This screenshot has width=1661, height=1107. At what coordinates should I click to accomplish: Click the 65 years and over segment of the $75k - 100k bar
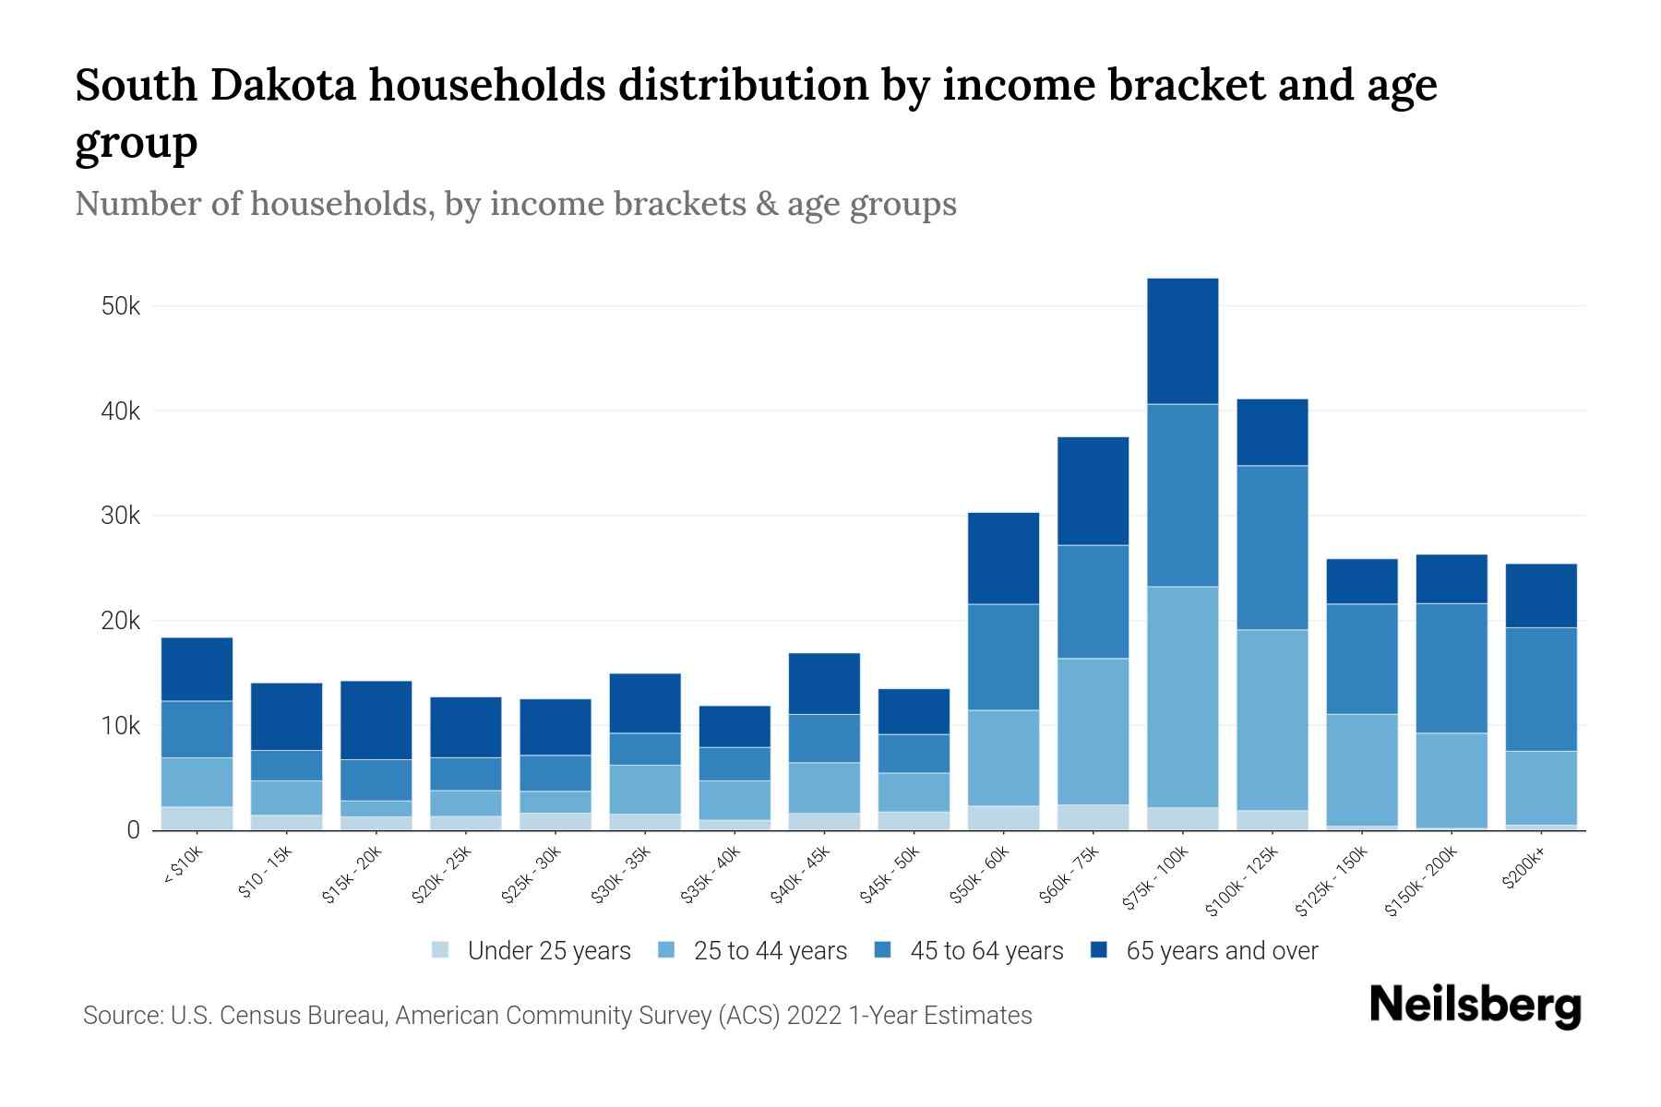(x=1182, y=340)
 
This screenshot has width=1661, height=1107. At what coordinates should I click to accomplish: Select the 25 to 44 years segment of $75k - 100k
(x=1182, y=696)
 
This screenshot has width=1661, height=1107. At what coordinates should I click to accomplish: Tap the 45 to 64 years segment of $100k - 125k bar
(x=1272, y=547)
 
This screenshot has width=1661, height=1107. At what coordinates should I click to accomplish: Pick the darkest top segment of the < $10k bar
(x=197, y=669)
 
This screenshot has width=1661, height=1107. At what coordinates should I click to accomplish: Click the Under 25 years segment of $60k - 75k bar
(x=1093, y=817)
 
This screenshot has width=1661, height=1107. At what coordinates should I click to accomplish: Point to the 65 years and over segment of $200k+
(x=1541, y=595)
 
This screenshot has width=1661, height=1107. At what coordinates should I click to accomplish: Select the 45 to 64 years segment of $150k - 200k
(x=1452, y=668)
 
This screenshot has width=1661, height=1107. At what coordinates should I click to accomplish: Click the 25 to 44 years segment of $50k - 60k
(x=1003, y=757)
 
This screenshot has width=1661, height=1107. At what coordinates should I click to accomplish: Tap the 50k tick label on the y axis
(x=121, y=306)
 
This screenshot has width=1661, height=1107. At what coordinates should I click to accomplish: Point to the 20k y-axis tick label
(x=121, y=621)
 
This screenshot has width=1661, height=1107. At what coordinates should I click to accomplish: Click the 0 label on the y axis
(x=133, y=830)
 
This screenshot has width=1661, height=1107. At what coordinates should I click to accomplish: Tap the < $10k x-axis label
(x=183, y=867)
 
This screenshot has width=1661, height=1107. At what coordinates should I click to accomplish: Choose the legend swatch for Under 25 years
(x=440, y=950)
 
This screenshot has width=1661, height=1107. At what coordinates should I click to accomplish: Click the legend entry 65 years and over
(x=1221, y=951)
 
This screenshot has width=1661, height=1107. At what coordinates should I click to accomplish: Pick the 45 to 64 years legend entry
(x=986, y=951)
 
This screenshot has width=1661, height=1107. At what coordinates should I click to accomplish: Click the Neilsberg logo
(x=1475, y=1006)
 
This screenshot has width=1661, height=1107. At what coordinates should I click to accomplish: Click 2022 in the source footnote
(x=815, y=1016)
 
